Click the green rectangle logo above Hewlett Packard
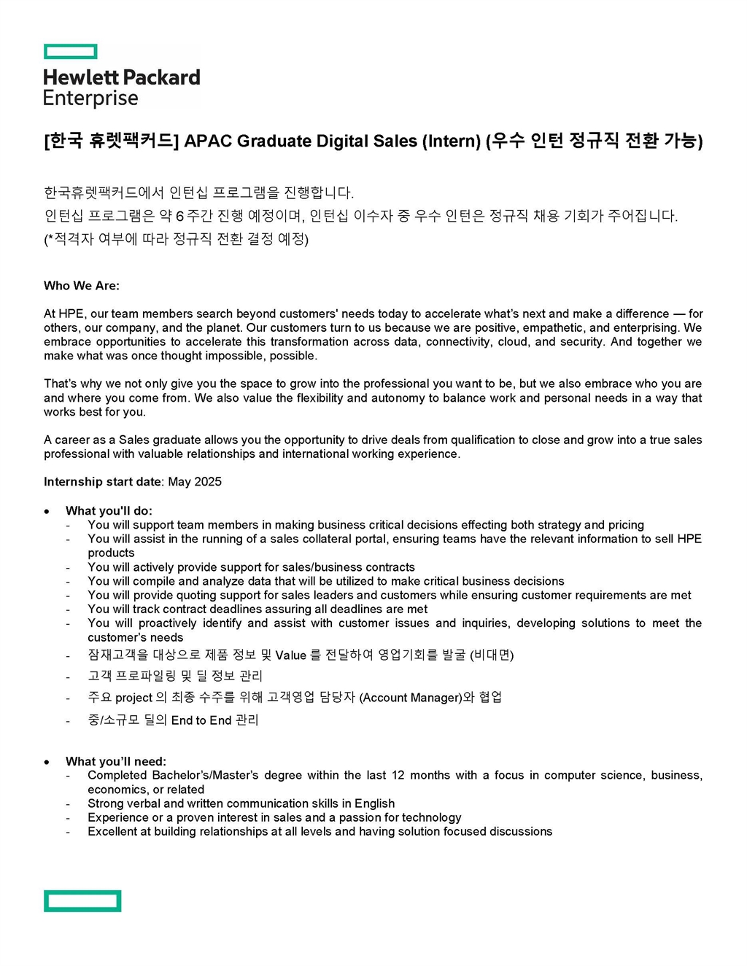point(70,52)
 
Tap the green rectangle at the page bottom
point(82,900)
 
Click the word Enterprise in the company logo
point(90,98)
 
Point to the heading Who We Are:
point(82,286)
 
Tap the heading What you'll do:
point(109,511)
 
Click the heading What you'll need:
point(116,762)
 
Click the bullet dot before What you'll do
point(47,511)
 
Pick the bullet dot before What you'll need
point(47,762)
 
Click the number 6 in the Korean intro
point(179,217)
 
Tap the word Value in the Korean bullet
point(290,655)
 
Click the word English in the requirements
point(374,803)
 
